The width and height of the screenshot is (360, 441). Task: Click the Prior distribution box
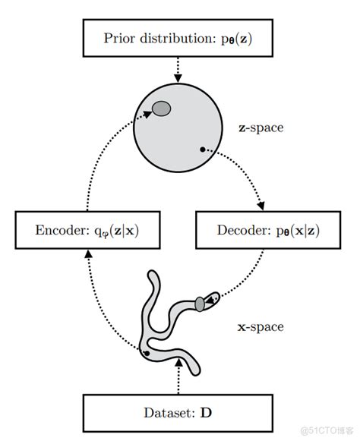[178, 38]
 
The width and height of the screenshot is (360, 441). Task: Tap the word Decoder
[244, 230]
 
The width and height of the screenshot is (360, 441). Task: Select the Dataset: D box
[178, 413]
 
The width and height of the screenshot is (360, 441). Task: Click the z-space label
[261, 128]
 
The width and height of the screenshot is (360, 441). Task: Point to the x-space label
[261, 327]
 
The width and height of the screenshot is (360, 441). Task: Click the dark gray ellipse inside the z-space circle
[161, 109]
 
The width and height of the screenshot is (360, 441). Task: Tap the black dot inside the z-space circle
[202, 150]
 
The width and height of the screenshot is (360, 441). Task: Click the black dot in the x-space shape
[147, 353]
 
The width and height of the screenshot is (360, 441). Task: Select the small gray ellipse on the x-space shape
[200, 304]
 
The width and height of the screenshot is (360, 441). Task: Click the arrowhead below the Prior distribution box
[178, 78]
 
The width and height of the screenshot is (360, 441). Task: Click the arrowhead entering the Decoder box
[261, 206]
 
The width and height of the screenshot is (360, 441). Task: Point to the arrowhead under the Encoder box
[89, 254]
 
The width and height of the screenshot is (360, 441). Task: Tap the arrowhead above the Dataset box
[178, 363]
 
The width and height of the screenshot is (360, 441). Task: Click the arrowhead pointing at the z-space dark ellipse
[147, 114]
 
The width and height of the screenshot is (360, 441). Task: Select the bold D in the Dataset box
[206, 413]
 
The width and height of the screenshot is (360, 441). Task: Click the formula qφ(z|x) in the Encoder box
[116, 232]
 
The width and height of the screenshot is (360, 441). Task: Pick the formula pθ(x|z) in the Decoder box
[298, 231]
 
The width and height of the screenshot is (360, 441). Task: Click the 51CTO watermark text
[327, 430]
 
